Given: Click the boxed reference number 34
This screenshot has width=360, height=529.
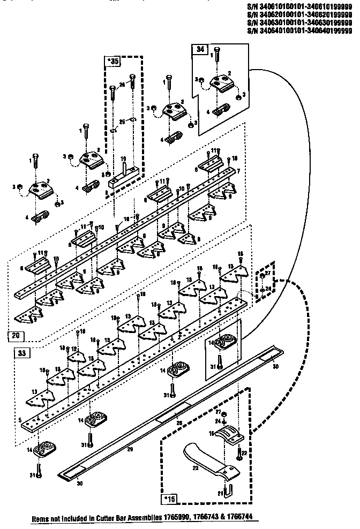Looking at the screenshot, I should click(x=200, y=49).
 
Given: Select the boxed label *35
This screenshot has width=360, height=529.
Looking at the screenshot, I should click(x=112, y=62).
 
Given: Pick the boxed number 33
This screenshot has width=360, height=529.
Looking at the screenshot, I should click(x=21, y=353).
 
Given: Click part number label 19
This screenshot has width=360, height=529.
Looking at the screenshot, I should click(x=123, y=159).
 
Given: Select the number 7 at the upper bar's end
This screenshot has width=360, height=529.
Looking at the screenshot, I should click(x=238, y=170).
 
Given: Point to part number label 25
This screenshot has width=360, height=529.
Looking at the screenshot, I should click(x=122, y=122).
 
